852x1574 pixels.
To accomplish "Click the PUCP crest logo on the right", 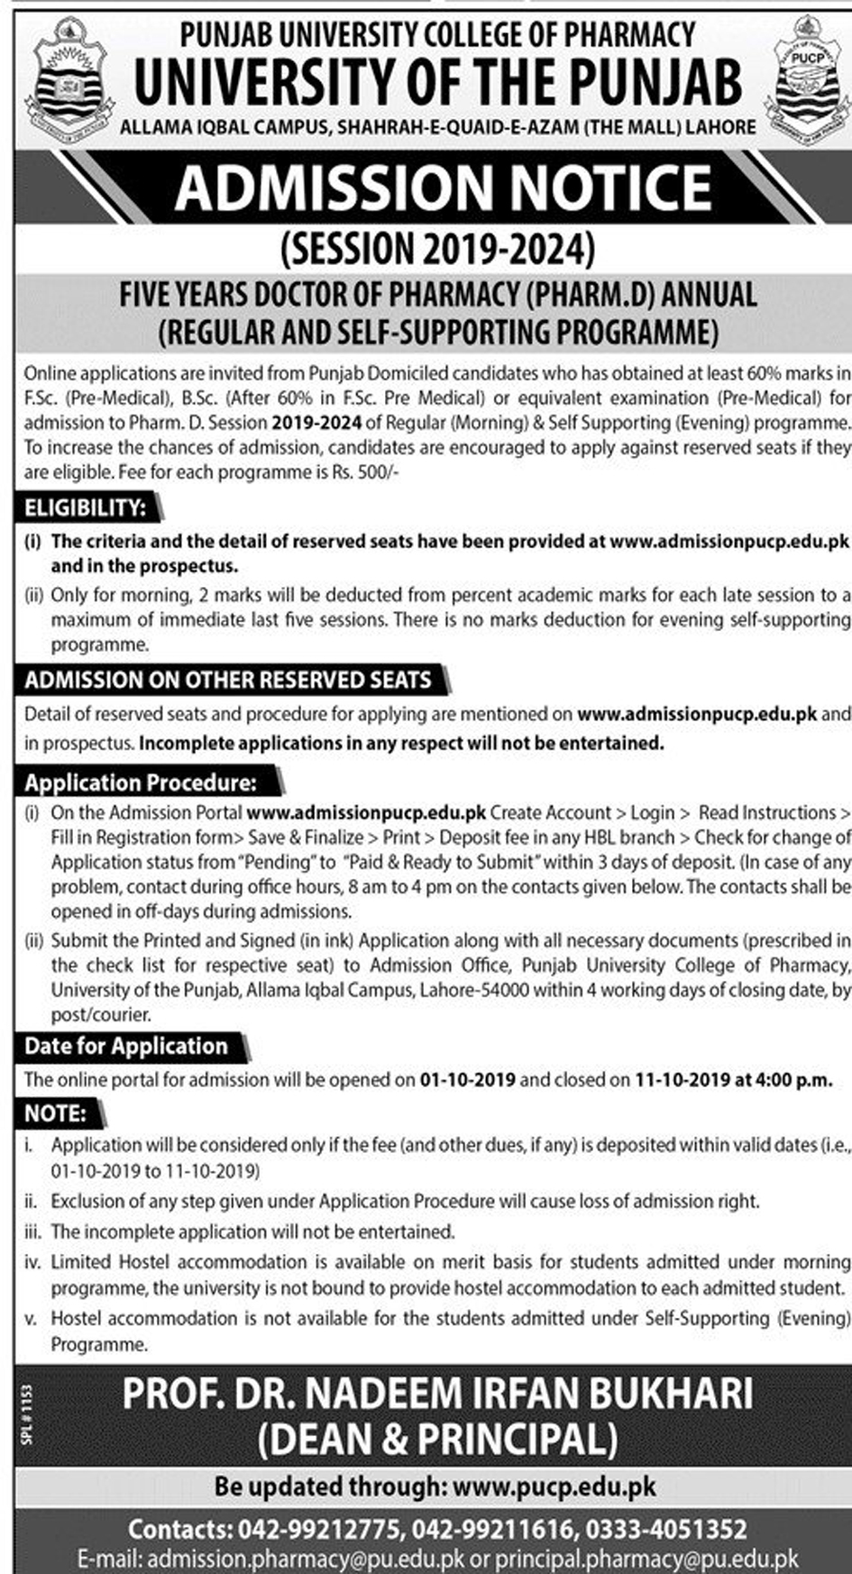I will [x=805, y=82].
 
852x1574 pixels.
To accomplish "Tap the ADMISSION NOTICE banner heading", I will [x=444, y=188].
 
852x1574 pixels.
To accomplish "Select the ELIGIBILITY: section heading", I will [x=86, y=508].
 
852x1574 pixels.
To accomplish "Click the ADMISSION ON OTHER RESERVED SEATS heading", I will [x=228, y=680].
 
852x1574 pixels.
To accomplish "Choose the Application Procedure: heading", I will [x=141, y=782].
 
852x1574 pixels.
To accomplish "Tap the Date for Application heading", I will [x=126, y=1046].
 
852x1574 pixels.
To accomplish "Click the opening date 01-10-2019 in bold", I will [x=468, y=1079].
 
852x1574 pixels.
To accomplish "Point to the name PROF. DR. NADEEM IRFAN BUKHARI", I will [x=437, y=1393].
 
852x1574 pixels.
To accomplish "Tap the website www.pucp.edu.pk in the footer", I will [x=554, y=1486].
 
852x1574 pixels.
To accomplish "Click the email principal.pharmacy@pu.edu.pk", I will [x=647, y=1559].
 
